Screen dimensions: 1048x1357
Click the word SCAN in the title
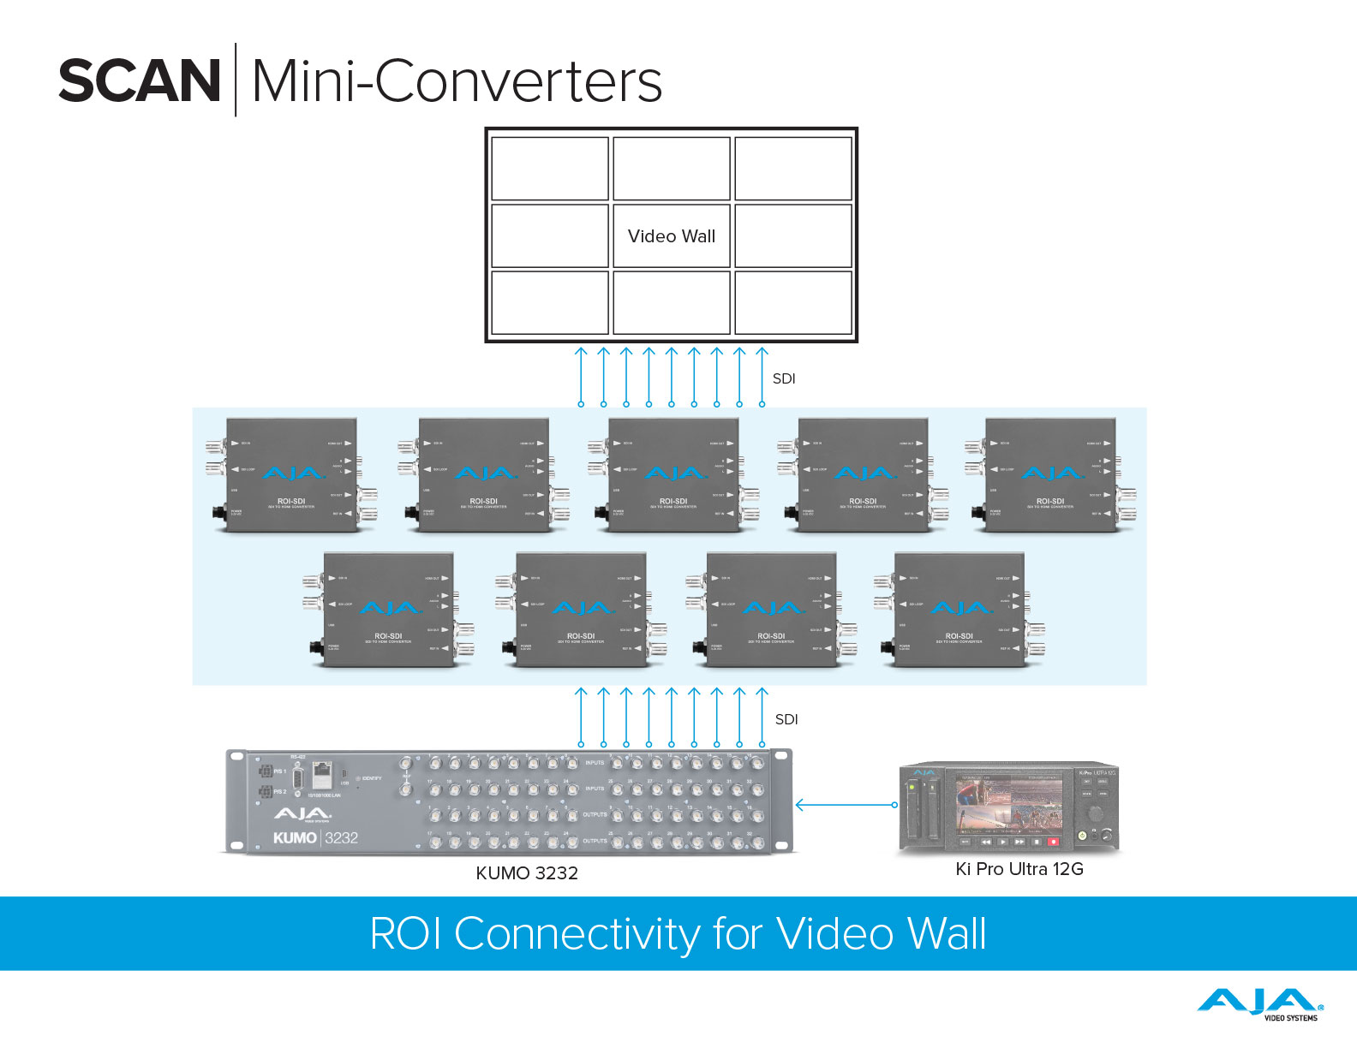pyautogui.click(x=140, y=81)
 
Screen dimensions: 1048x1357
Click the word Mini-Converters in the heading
pyautogui.click(x=457, y=81)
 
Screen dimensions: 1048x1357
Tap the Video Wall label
pyautogui.click(x=672, y=236)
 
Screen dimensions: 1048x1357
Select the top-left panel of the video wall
pyautogui.click(x=550, y=168)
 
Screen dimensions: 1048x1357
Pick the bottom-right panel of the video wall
pyautogui.click(x=793, y=302)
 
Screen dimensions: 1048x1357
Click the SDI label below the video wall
pyautogui.click(x=784, y=378)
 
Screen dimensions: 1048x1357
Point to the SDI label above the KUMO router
pyautogui.click(x=786, y=719)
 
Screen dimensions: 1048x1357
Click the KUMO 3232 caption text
pyautogui.click(x=527, y=873)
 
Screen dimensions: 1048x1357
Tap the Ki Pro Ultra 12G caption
pyautogui.click(x=1019, y=869)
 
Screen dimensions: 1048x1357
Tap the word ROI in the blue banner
pyautogui.click(x=405, y=933)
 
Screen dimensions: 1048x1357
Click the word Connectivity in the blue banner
pyautogui.click(x=577, y=933)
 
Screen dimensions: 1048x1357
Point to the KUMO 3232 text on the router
pyautogui.click(x=315, y=837)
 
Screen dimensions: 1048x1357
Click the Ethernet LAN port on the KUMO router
pyautogui.click(x=323, y=777)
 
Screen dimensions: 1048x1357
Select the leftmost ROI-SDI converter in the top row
pyautogui.click(x=291, y=475)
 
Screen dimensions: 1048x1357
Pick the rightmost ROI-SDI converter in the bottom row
pyautogui.click(x=959, y=610)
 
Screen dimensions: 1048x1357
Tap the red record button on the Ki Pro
pyautogui.click(x=1053, y=842)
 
